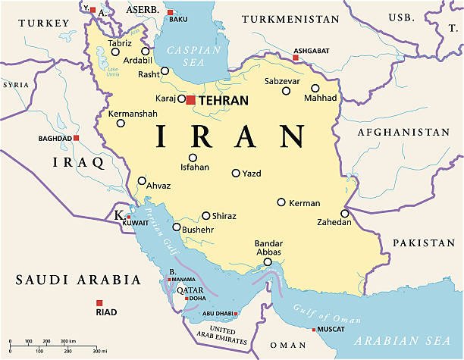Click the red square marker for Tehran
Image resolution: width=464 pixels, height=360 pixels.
190,99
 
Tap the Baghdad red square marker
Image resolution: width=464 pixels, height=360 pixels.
77,138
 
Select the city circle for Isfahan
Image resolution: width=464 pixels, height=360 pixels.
193,158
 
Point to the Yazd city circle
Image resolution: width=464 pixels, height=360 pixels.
236,173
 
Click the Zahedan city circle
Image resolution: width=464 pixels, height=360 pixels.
345,214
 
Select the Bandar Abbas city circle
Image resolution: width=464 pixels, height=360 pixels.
267,262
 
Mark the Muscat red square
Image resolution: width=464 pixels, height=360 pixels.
314,330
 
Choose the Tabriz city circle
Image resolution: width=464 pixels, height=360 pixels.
115,52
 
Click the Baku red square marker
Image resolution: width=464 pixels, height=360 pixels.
170,12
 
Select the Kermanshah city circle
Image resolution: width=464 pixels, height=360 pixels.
121,123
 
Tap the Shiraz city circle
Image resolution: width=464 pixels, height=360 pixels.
205,215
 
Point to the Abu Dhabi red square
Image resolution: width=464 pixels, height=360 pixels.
237,314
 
